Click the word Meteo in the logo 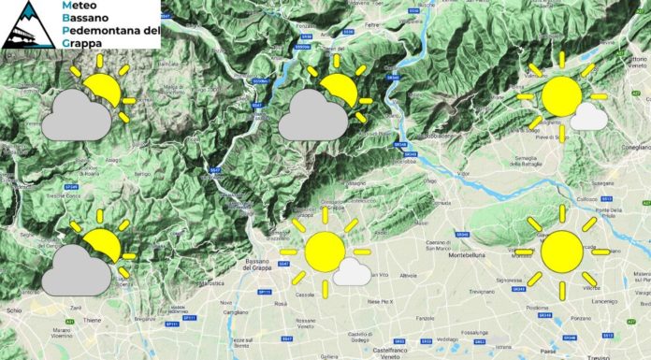78,7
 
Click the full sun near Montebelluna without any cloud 561,251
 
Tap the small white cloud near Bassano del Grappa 353,272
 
